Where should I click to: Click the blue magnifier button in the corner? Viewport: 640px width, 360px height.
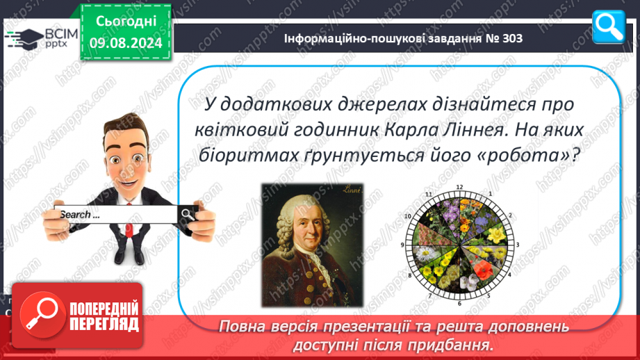[x=609, y=27]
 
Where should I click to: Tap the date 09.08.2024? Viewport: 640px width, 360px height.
[x=126, y=43]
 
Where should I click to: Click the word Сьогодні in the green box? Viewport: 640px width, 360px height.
[x=126, y=22]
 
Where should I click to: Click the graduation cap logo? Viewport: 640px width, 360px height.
[x=24, y=39]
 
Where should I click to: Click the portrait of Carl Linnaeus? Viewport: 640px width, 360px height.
[x=312, y=245]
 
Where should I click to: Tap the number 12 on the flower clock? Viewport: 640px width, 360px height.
[x=459, y=188]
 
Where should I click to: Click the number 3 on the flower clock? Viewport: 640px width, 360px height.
[x=518, y=245]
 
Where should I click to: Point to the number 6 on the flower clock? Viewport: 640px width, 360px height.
[x=459, y=303]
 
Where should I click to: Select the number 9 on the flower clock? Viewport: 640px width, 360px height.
[x=402, y=245]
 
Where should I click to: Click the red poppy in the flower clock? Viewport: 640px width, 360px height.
[x=485, y=270]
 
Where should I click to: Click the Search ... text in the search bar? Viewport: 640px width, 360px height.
[x=80, y=215]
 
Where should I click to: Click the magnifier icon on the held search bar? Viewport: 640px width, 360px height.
[x=188, y=214]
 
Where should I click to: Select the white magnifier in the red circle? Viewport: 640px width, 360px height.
[x=42, y=314]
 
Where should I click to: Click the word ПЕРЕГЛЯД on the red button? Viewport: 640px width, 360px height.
[x=104, y=325]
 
